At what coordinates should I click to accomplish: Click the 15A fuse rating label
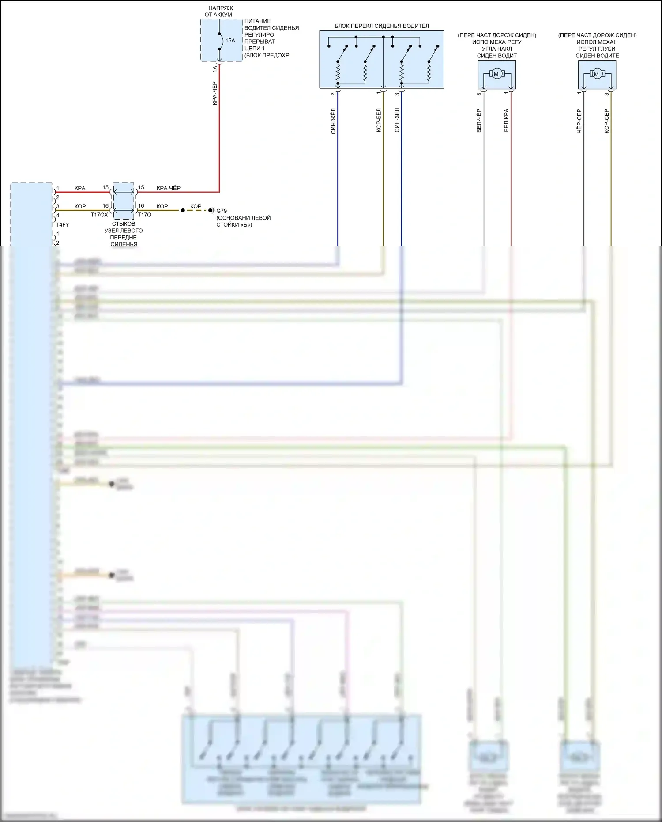click(230, 41)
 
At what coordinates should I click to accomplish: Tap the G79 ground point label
click(221, 211)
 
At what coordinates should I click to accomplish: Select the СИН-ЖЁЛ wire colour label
click(333, 121)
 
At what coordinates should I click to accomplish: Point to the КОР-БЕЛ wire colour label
click(379, 120)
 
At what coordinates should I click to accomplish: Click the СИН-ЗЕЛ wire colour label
click(397, 120)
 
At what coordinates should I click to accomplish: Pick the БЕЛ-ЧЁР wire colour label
click(479, 121)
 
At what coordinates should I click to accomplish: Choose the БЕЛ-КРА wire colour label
click(506, 120)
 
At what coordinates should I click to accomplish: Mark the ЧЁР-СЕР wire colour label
click(579, 121)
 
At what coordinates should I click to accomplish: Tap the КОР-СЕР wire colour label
click(606, 121)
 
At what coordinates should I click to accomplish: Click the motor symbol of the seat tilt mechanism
click(496, 74)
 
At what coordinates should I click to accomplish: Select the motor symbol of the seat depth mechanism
click(596, 74)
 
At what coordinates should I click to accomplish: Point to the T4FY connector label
click(63, 225)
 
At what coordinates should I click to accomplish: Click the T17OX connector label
click(99, 215)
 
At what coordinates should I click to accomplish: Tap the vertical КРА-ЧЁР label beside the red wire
click(215, 93)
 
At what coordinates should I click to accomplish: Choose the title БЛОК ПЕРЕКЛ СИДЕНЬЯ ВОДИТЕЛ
click(381, 26)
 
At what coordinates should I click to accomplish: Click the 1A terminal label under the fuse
click(215, 69)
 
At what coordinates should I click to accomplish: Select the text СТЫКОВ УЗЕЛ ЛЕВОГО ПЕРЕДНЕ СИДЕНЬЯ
click(124, 234)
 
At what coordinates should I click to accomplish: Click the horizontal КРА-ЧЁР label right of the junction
click(169, 188)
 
